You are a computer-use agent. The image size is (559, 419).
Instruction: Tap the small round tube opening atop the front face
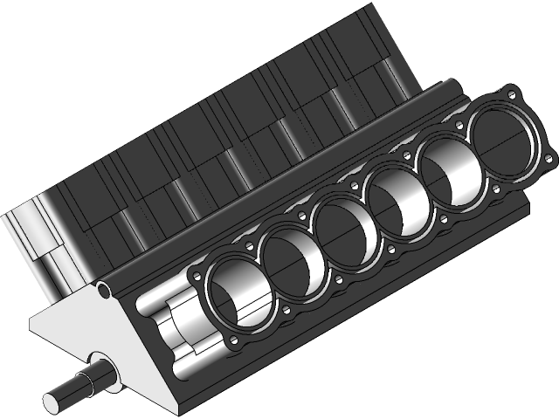tap(104, 289)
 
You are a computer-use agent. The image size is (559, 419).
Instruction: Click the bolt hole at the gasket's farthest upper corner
tap(512, 92)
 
